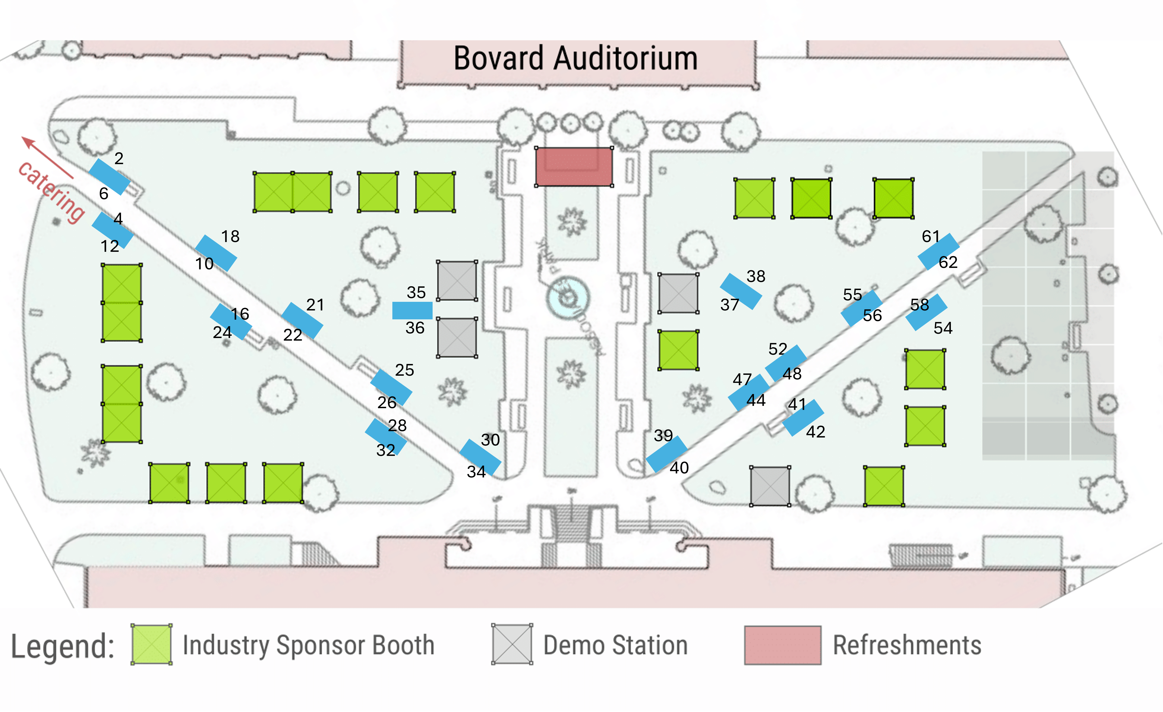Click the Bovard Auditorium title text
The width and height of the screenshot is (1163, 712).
(575, 59)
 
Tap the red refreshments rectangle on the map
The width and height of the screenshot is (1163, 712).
(574, 167)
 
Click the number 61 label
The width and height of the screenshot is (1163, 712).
(930, 236)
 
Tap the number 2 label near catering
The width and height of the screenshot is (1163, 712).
(119, 158)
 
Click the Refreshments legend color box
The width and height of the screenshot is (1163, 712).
(783, 645)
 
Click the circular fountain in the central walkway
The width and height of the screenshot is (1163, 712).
(568, 298)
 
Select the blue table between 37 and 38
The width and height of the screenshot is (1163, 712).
(740, 291)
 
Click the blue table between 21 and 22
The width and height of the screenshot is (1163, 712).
(302, 321)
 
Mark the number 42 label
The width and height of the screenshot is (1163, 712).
(815, 431)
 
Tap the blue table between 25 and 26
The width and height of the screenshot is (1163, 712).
(391, 387)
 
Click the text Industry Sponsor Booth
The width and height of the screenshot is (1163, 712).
(308, 645)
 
